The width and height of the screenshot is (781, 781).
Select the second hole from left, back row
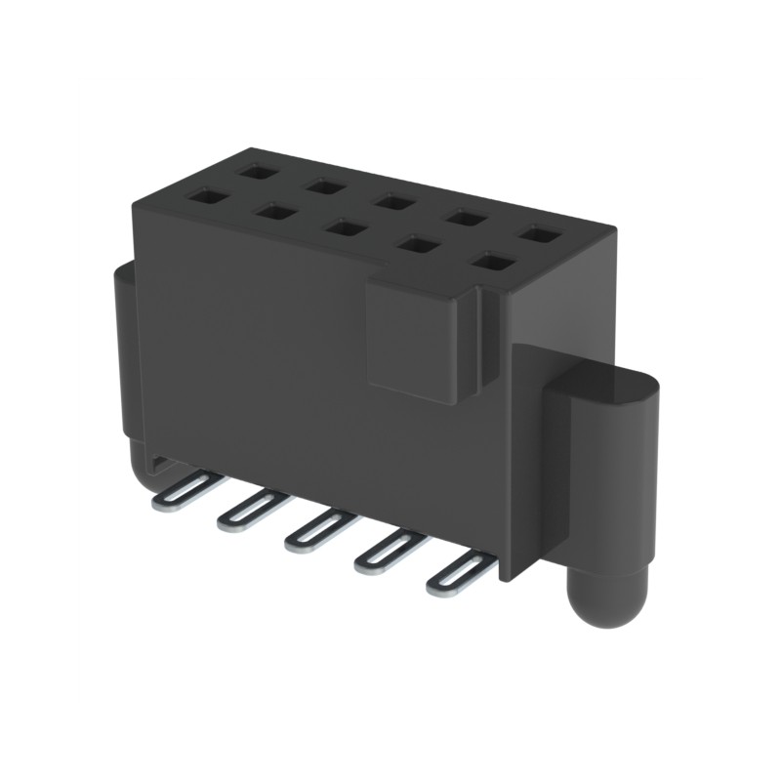click(x=320, y=185)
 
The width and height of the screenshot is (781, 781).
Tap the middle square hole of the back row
click(x=393, y=202)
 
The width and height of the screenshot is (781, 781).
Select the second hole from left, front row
click(x=275, y=211)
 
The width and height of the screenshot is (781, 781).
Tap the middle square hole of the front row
click(x=344, y=227)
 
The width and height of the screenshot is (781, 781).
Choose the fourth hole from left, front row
click(x=419, y=245)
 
